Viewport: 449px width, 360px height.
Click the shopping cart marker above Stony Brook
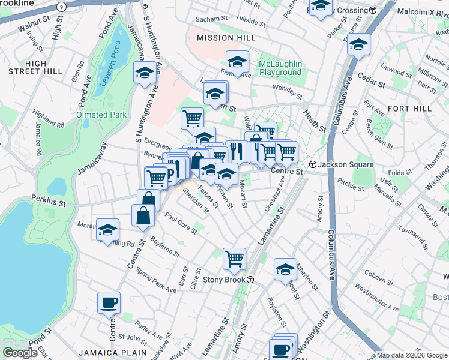tap(234, 259)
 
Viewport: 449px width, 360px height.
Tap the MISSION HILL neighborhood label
tap(223, 38)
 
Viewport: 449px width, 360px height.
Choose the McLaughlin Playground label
tap(280, 68)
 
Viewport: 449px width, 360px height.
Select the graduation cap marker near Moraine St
tap(108, 230)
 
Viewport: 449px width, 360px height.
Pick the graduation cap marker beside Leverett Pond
tap(144, 73)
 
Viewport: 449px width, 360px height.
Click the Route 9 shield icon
tap(61, 6)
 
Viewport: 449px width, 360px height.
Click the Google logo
tap(20, 353)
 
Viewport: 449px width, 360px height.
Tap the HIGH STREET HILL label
tap(35, 67)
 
